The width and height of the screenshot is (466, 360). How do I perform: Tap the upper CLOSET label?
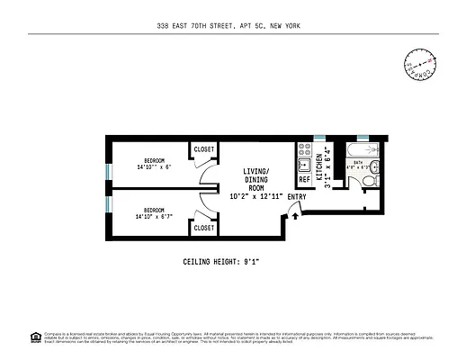coord(204,148)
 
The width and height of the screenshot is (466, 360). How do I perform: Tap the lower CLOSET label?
coord(204,228)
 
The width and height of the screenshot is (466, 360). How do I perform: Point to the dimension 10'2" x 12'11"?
coord(257,195)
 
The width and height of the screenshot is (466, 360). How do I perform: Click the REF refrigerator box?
coord(304,179)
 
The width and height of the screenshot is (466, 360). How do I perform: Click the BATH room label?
coord(358,164)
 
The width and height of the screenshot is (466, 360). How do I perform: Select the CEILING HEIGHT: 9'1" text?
coord(233,262)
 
